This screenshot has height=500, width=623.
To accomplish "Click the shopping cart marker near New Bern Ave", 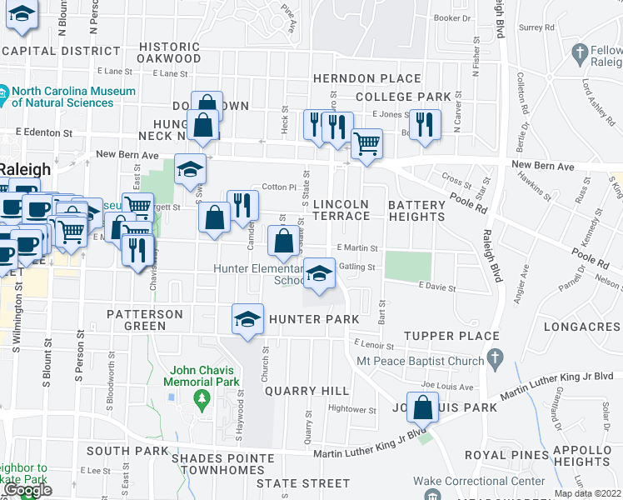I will pyautogui.click(x=366, y=143).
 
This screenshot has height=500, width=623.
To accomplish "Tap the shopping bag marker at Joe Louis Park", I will pyautogui.click(x=423, y=407).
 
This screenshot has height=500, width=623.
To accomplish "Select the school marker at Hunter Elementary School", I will pyautogui.click(x=319, y=273).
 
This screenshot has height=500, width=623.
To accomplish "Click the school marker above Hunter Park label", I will pyautogui.click(x=247, y=319).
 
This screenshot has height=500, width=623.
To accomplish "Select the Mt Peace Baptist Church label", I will pyautogui.click(x=420, y=361).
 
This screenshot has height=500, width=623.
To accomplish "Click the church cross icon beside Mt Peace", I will pyautogui.click(x=496, y=360).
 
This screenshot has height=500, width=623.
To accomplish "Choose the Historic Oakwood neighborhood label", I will pyautogui.click(x=170, y=52).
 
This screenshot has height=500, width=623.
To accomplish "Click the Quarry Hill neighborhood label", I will pyautogui.click(x=302, y=391).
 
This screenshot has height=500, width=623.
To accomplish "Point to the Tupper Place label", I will pyautogui.click(x=452, y=336).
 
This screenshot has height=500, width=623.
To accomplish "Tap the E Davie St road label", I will pyautogui.click(x=438, y=287).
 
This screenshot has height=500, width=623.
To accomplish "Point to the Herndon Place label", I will pyautogui.click(x=367, y=78).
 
